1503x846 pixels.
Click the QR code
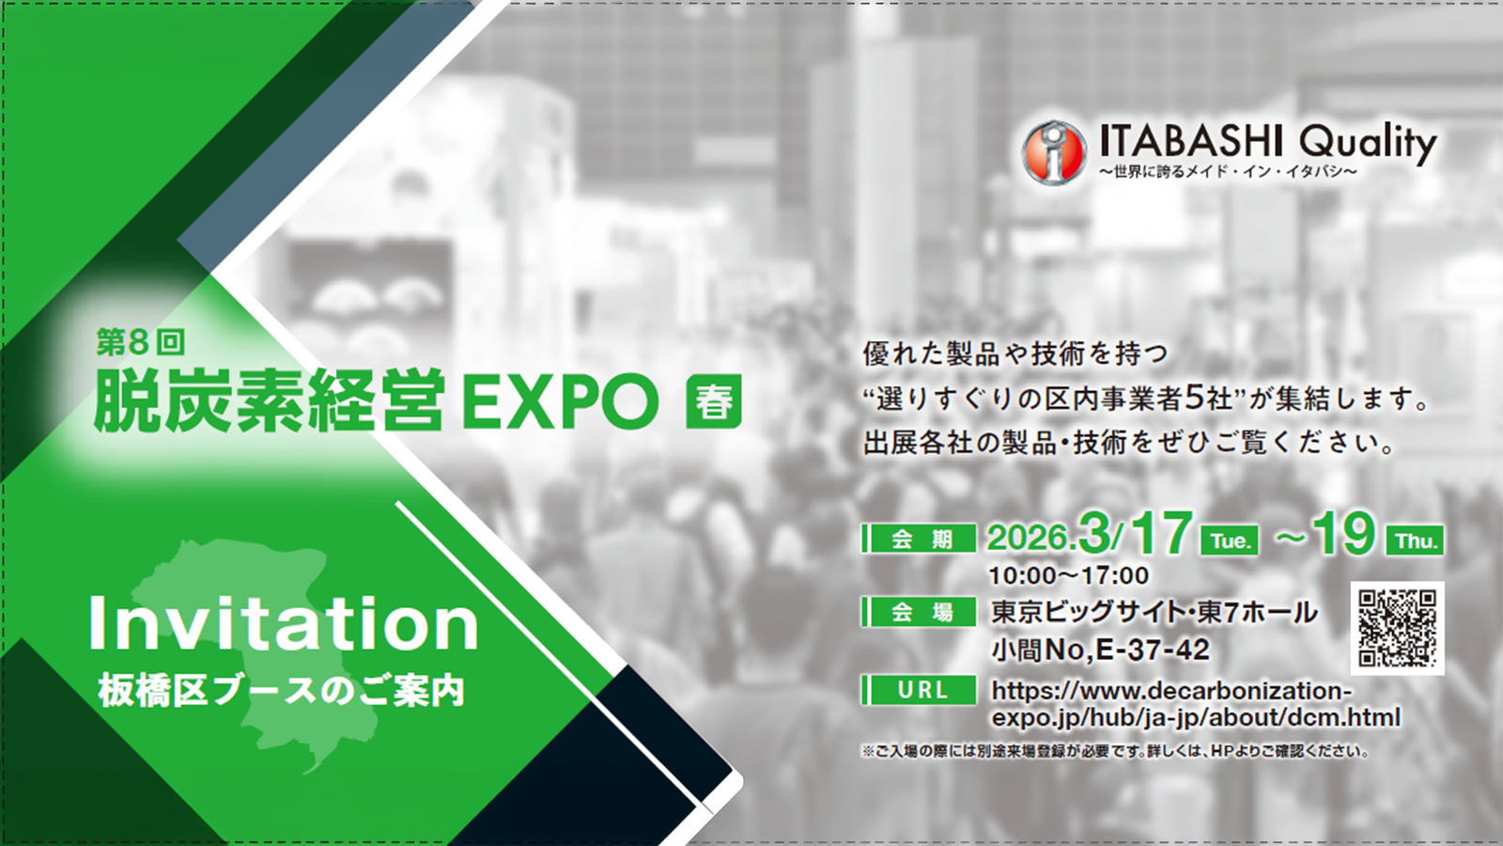click(1397, 628)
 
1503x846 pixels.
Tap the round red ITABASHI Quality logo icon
click(1054, 151)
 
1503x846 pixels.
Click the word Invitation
click(283, 623)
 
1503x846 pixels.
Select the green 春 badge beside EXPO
click(713, 402)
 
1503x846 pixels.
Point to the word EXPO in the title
click(560, 402)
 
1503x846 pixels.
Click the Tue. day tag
click(1230, 540)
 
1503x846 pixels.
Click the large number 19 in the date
click(1343, 534)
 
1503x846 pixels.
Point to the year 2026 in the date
click(1028, 538)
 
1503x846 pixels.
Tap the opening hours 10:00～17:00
click(1068, 575)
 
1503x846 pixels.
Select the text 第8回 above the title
click(140, 342)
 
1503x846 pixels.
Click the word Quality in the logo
click(1368, 143)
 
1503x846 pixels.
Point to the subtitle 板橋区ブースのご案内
click(281, 692)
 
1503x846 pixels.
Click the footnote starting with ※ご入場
click(1114, 751)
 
